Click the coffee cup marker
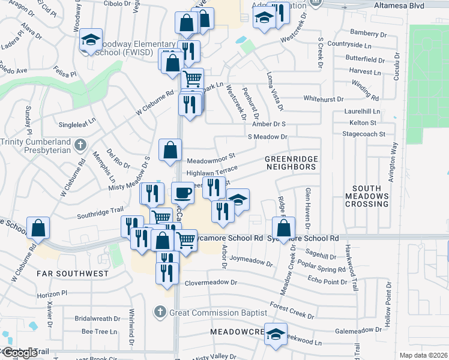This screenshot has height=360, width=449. (x=183, y=193)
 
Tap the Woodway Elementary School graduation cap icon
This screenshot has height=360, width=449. (x=91, y=40)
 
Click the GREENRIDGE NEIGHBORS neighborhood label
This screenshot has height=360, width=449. (x=291, y=162)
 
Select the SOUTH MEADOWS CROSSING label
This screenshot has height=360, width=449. (x=367, y=196)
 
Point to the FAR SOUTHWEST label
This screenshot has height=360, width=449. (x=72, y=273)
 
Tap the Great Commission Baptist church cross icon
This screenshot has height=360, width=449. (x=159, y=312)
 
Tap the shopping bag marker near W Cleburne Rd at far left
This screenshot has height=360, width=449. (x=38, y=228)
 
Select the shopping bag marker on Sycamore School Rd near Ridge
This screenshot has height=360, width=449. (x=283, y=227)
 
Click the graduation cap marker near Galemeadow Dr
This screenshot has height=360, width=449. (x=276, y=334)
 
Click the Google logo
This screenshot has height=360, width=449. (x=20, y=353)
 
